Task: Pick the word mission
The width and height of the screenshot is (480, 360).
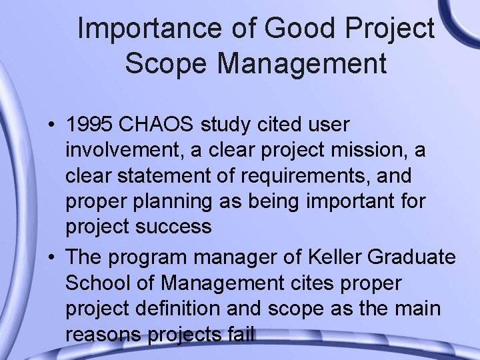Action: [x=370, y=151]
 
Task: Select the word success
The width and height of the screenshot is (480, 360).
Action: [x=175, y=227]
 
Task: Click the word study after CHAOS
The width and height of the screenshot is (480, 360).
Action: [x=250, y=125]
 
